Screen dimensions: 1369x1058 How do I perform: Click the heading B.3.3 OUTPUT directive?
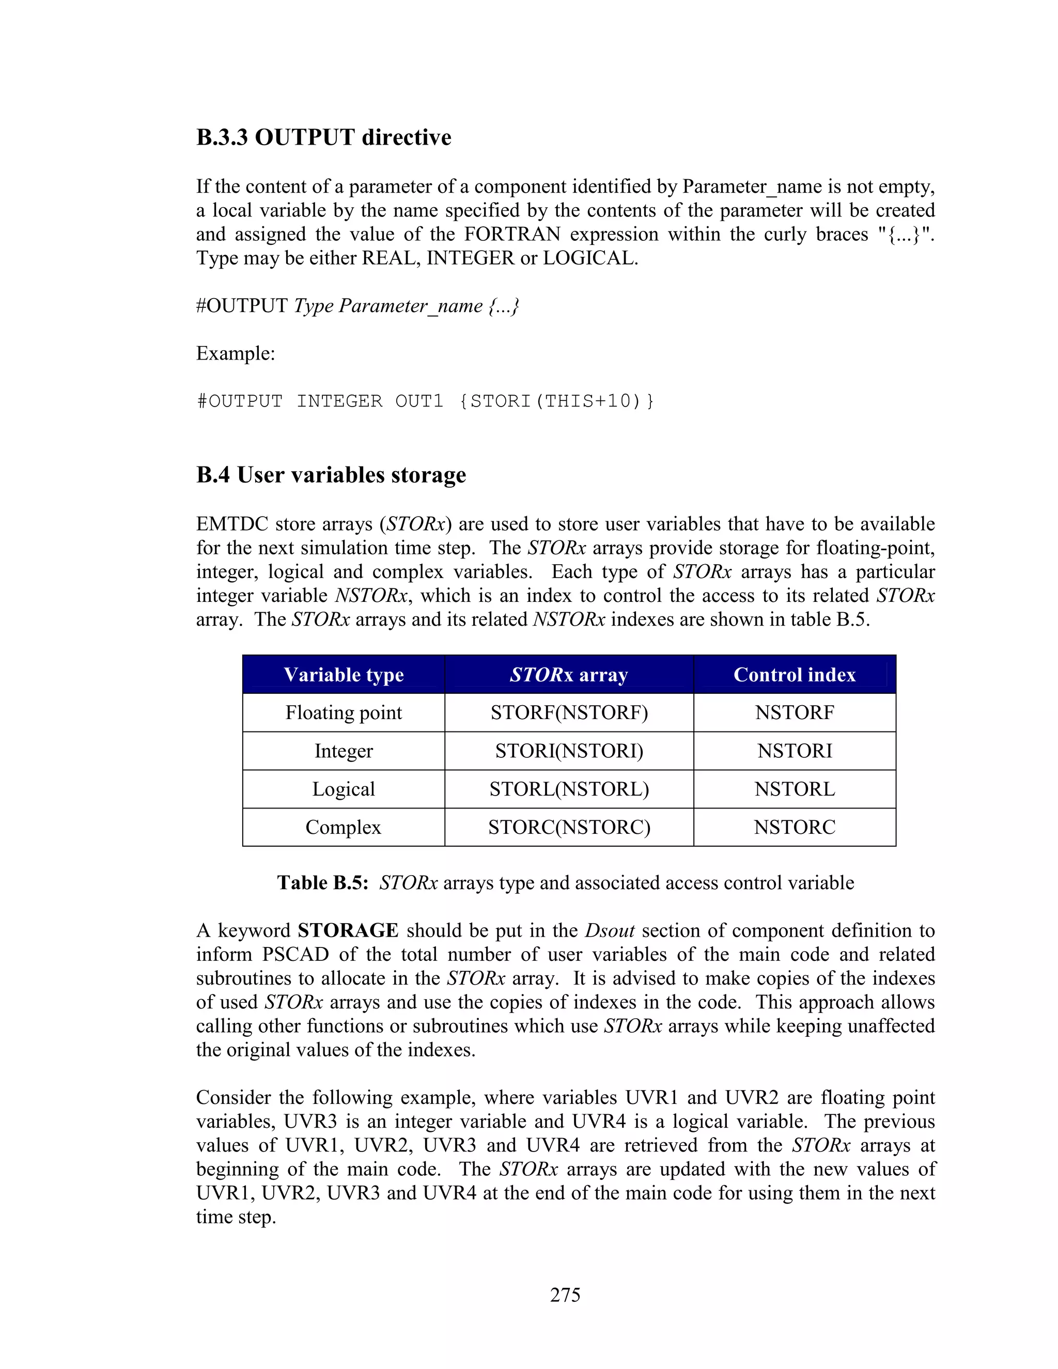323,137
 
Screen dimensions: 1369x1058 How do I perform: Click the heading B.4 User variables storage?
331,475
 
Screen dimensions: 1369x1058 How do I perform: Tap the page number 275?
565,1295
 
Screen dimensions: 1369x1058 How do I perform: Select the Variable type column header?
344,675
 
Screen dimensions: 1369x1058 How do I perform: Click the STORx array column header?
568,675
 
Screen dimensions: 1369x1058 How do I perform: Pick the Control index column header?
794,675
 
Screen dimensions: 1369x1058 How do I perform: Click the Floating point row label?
344,713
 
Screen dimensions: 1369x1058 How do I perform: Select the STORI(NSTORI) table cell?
568,751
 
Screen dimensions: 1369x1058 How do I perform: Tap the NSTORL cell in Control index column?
794,789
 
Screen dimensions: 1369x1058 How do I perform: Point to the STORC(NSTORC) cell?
568,828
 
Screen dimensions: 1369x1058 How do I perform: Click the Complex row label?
344,828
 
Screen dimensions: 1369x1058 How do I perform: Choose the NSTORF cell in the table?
794,713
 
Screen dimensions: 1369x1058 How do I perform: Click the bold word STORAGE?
348,930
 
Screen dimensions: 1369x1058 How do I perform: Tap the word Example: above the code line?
236,353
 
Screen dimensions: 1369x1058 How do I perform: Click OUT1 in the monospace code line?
418,401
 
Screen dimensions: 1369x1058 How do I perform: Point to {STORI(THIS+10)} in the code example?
556,401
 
